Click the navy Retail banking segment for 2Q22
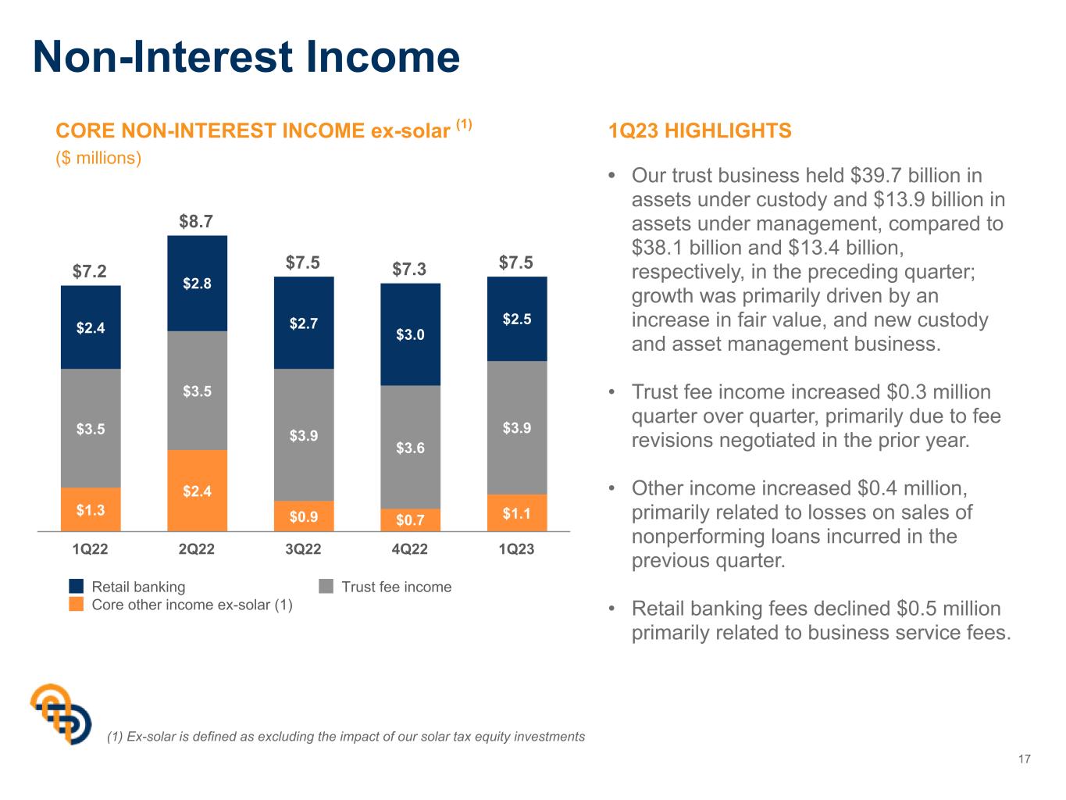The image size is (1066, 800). (197, 283)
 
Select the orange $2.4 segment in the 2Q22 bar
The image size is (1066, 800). (197, 491)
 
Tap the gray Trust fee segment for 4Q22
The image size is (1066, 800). (410, 447)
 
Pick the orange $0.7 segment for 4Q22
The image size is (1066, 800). (410, 520)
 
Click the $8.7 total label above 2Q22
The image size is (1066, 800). (196, 222)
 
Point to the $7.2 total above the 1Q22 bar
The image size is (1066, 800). (89, 271)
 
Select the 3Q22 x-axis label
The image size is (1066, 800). (303, 549)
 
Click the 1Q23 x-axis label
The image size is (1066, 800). (516, 549)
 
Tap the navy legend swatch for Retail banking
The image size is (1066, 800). (77, 586)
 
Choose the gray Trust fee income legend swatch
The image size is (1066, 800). (326, 586)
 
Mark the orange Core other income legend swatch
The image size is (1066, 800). (77, 604)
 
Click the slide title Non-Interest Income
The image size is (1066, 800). (246, 57)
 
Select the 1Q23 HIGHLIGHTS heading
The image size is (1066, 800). (700, 130)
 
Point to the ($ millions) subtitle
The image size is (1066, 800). (98, 158)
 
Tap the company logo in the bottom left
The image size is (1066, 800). (61, 714)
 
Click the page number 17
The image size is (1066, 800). (1025, 759)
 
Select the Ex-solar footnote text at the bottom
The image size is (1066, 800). (346, 737)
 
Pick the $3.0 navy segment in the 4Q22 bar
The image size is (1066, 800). (410, 334)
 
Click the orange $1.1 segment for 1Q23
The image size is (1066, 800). (517, 513)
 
